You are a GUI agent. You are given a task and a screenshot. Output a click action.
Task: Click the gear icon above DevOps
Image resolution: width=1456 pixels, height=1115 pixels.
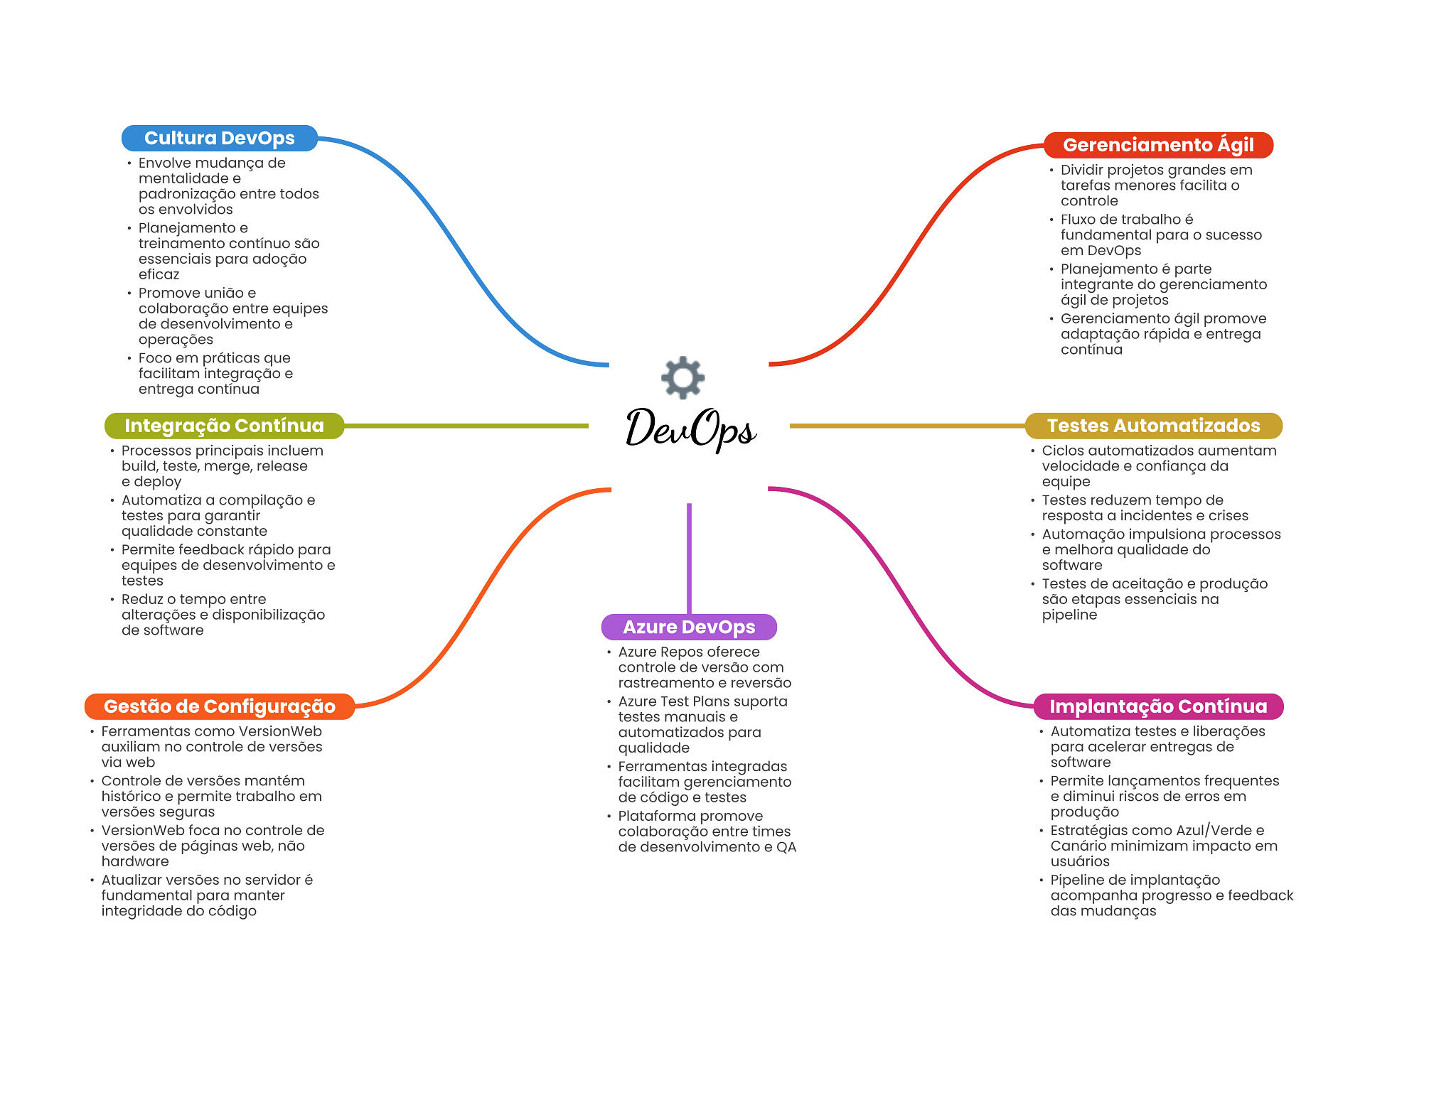click(x=682, y=377)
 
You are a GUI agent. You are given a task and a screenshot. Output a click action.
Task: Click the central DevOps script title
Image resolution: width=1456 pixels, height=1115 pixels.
click(x=690, y=429)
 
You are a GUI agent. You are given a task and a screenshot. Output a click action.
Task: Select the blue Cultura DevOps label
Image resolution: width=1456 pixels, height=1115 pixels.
click(x=220, y=138)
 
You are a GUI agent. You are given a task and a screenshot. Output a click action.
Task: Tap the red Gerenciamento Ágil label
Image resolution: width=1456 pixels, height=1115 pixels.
click(x=1158, y=145)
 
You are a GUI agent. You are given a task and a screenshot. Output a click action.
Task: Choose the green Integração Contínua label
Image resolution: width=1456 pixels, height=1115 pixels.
click(x=224, y=426)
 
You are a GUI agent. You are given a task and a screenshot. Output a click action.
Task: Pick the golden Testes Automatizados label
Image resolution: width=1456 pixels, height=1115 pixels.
click(x=1153, y=426)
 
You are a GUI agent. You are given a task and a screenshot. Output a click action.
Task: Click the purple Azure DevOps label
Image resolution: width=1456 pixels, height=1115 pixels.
click(x=689, y=627)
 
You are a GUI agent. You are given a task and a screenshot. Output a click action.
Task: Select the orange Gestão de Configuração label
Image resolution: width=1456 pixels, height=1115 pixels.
click(x=219, y=706)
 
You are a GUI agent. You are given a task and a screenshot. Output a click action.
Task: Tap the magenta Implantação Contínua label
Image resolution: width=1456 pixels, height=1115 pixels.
click(x=1158, y=706)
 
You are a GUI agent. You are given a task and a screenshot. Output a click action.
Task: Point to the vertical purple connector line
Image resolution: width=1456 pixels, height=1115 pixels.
click(x=689, y=559)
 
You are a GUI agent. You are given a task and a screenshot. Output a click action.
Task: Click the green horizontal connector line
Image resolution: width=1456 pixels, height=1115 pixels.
click(x=466, y=426)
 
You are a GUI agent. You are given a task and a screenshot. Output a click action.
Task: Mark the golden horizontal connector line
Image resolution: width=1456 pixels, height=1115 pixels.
click(x=907, y=426)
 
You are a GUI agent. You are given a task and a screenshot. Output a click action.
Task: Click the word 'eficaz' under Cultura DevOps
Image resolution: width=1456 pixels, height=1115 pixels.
click(x=159, y=274)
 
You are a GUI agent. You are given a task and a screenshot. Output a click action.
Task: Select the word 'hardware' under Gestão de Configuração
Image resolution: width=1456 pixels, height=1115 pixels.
click(x=135, y=861)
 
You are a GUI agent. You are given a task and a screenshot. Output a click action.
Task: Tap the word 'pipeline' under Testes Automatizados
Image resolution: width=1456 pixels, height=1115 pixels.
click(x=1069, y=615)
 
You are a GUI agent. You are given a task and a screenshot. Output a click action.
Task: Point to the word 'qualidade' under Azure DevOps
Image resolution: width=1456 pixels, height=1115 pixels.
click(x=653, y=748)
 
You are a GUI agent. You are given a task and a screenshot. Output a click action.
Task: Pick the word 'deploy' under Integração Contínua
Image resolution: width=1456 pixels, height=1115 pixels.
click(x=157, y=482)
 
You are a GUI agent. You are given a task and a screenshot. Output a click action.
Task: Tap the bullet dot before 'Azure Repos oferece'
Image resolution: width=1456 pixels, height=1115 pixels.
click(x=609, y=652)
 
